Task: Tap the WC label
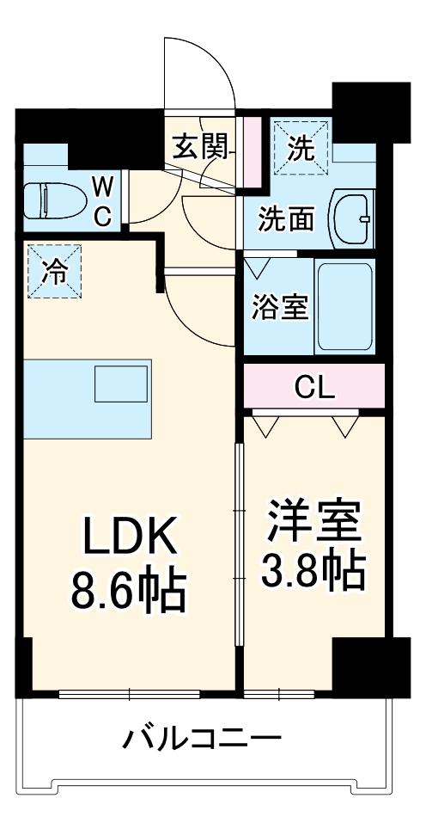coord(101,200)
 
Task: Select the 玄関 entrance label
coord(201,148)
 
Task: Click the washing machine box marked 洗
coord(300,147)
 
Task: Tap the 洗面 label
coord(287,220)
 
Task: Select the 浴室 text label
coord(279,307)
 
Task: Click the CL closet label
coord(313,388)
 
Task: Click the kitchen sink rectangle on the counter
coord(123,384)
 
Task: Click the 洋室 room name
coord(313,521)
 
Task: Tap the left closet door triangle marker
coord(265,424)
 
